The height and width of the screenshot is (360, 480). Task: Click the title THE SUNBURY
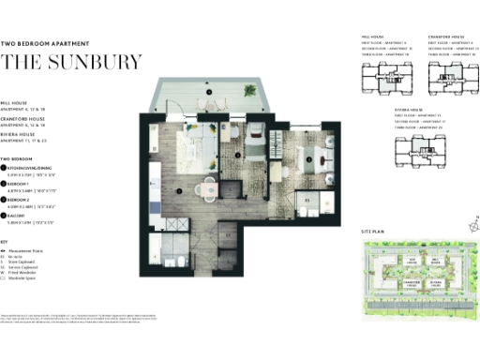coord(72,63)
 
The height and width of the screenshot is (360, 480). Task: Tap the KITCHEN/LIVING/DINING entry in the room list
coord(40,168)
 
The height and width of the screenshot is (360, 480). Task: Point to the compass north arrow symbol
coord(473,223)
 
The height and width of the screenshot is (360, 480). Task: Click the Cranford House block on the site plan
coord(410,281)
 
